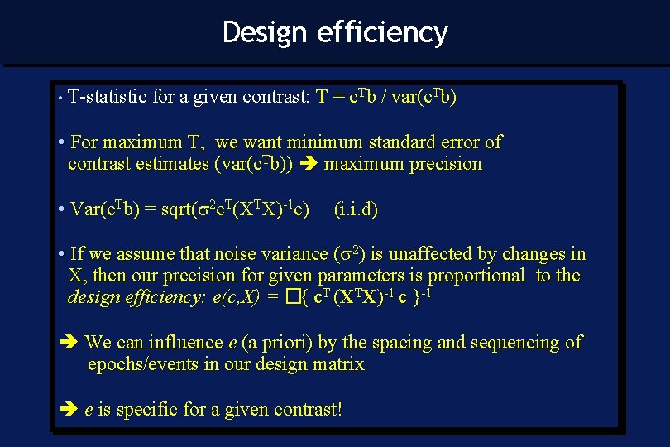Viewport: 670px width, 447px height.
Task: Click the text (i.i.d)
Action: pos(356,209)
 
